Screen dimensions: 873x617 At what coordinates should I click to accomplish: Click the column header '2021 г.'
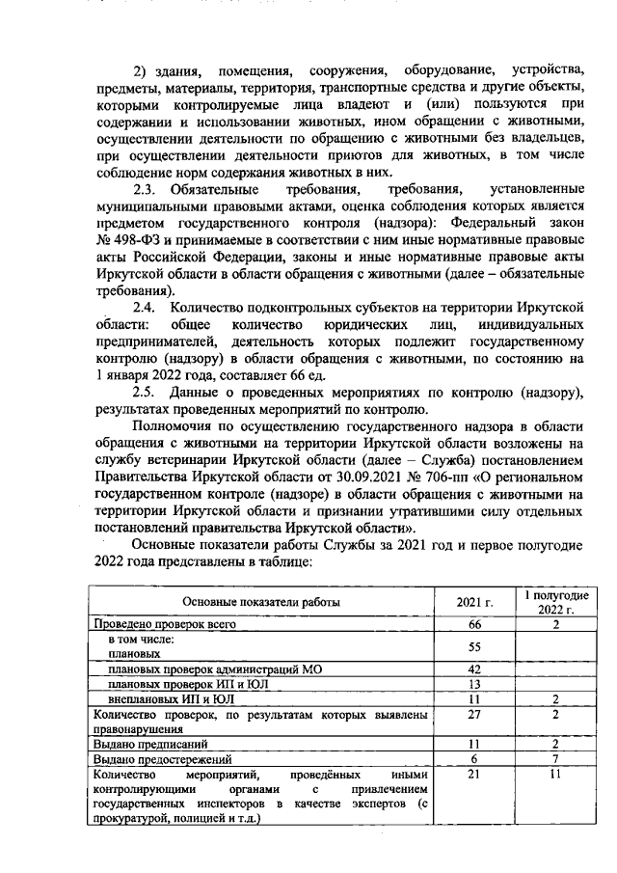(x=473, y=603)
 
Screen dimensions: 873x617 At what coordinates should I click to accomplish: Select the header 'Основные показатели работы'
(x=261, y=603)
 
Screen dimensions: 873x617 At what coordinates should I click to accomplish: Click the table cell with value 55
(x=473, y=645)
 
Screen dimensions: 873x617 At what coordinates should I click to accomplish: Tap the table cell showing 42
(x=473, y=669)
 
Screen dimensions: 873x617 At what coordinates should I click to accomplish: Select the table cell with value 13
(x=473, y=684)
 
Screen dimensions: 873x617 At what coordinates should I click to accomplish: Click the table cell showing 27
(x=473, y=715)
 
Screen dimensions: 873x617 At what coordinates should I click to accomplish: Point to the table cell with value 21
(x=473, y=775)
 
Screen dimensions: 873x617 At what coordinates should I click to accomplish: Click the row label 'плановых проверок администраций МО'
(x=216, y=669)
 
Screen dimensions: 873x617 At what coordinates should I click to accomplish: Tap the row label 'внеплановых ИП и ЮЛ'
(x=172, y=698)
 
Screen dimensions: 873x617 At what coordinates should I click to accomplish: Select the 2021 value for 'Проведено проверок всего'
(x=473, y=625)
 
